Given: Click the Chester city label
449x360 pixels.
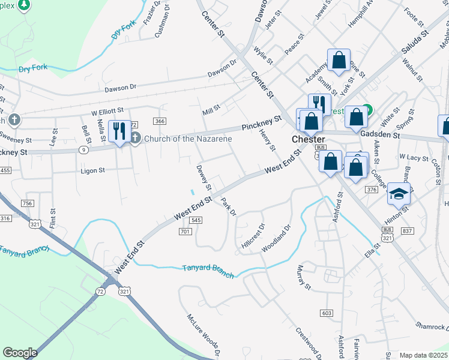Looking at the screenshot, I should [x=308, y=139].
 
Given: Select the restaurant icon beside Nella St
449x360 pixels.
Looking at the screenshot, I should [x=119, y=131].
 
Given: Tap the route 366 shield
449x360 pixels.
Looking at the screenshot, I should [x=159, y=121].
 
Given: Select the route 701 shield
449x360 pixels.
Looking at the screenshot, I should [x=185, y=231].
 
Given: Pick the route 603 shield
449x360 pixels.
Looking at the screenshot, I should [x=327, y=313].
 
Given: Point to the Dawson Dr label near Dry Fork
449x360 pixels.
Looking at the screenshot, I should [x=121, y=88].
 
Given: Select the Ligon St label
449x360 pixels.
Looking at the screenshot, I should [x=93, y=170].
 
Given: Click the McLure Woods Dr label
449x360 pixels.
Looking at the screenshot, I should [x=203, y=335].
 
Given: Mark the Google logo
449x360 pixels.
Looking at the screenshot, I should [x=20, y=353].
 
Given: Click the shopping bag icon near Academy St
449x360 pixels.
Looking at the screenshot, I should [x=339, y=61].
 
